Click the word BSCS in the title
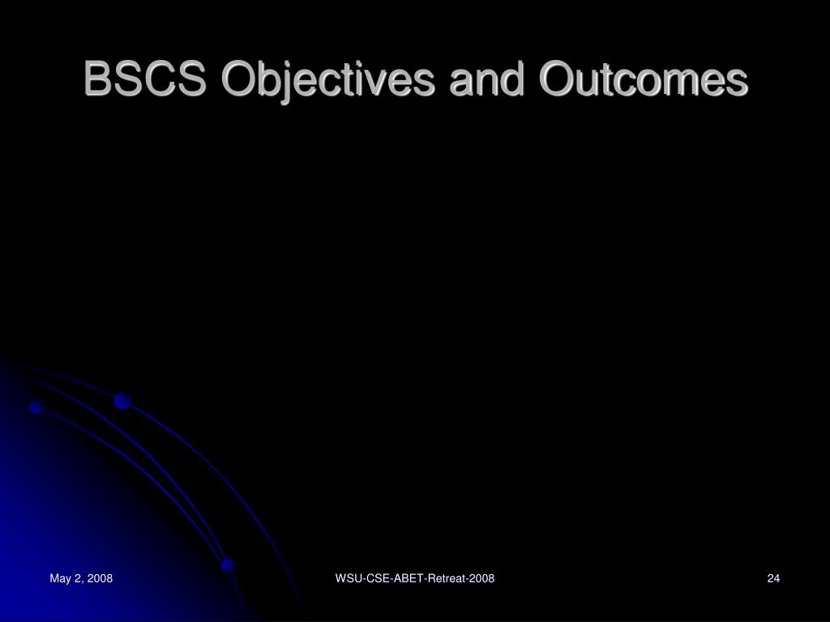pyautogui.click(x=144, y=79)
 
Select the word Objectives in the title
pyautogui.click(x=329, y=81)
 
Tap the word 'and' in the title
pyautogui.click(x=487, y=79)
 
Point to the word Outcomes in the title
pyautogui.click(x=644, y=79)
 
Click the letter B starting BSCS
pyautogui.click(x=97, y=79)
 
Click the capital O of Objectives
pyautogui.click(x=240, y=79)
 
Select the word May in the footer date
pyautogui.click(x=60, y=578)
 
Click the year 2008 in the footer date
pyautogui.click(x=100, y=578)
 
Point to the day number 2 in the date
pyautogui.click(x=77, y=578)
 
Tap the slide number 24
pyautogui.click(x=773, y=578)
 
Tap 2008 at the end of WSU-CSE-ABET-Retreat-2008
pyautogui.click(x=481, y=578)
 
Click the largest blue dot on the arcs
pyautogui.click(x=122, y=401)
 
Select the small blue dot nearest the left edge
pyautogui.click(x=36, y=407)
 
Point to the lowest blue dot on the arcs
pyautogui.click(x=228, y=565)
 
